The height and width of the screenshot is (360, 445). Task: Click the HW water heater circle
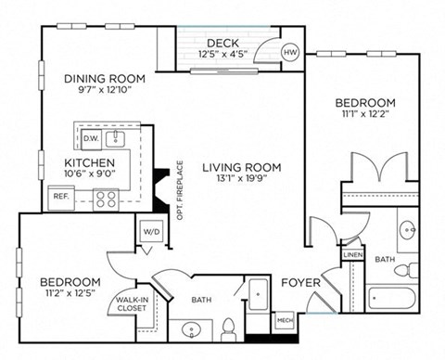click(290, 54)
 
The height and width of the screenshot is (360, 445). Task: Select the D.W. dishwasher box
click(90, 138)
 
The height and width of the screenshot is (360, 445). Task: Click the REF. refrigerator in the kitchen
click(61, 197)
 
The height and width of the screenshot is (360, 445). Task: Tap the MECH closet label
click(286, 320)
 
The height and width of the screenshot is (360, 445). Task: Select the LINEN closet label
click(352, 254)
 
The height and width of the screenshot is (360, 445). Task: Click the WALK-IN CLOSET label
click(129, 305)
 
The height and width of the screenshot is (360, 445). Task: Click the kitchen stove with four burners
click(105, 197)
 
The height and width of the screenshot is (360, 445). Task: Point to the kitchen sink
click(118, 138)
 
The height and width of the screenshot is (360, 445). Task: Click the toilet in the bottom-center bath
click(228, 328)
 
